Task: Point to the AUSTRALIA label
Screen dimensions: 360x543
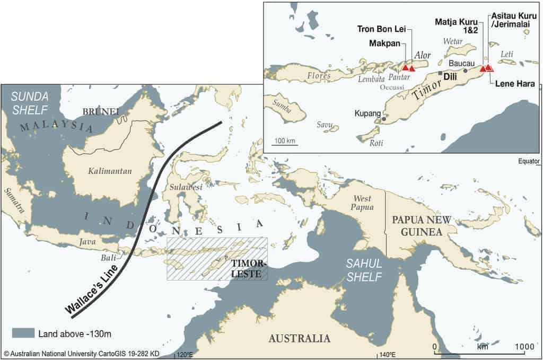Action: (x=299, y=339)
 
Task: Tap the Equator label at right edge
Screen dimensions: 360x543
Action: (x=530, y=161)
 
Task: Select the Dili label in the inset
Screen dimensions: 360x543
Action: (x=450, y=76)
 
